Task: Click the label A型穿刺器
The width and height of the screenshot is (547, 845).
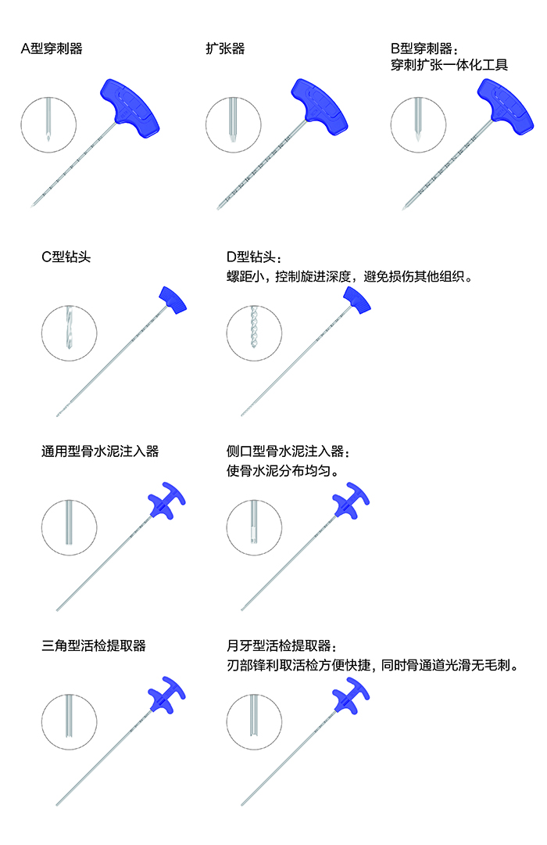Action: (x=52, y=49)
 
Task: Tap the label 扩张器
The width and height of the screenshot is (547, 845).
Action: (x=225, y=49)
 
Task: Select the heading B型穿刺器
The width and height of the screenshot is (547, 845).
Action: (x=424, y=49)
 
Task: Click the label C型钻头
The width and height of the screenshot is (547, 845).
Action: (x=66, y=257)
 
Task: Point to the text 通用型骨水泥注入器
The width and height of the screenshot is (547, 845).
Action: (x=100, y=451)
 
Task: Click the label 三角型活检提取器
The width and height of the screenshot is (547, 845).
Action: (x=94, y=645)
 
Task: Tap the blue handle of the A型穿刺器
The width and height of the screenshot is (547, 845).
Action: (x=130, y=108)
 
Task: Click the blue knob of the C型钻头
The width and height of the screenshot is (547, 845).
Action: (x=173, y=300)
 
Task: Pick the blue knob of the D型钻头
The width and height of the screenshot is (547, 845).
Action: (x=357, y=300)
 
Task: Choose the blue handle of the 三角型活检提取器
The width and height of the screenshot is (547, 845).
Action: (x=167, y=695)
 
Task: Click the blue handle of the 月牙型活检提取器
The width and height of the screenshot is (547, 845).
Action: (x=351, y=695)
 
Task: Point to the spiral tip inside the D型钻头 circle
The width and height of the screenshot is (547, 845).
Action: (x=254, y=327)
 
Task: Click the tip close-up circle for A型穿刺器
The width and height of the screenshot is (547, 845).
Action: (x=48, y=124)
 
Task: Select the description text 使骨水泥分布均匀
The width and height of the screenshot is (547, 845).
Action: (x=283, y=470)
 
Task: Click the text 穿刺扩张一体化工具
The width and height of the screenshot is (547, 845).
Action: (x=449, y=65)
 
